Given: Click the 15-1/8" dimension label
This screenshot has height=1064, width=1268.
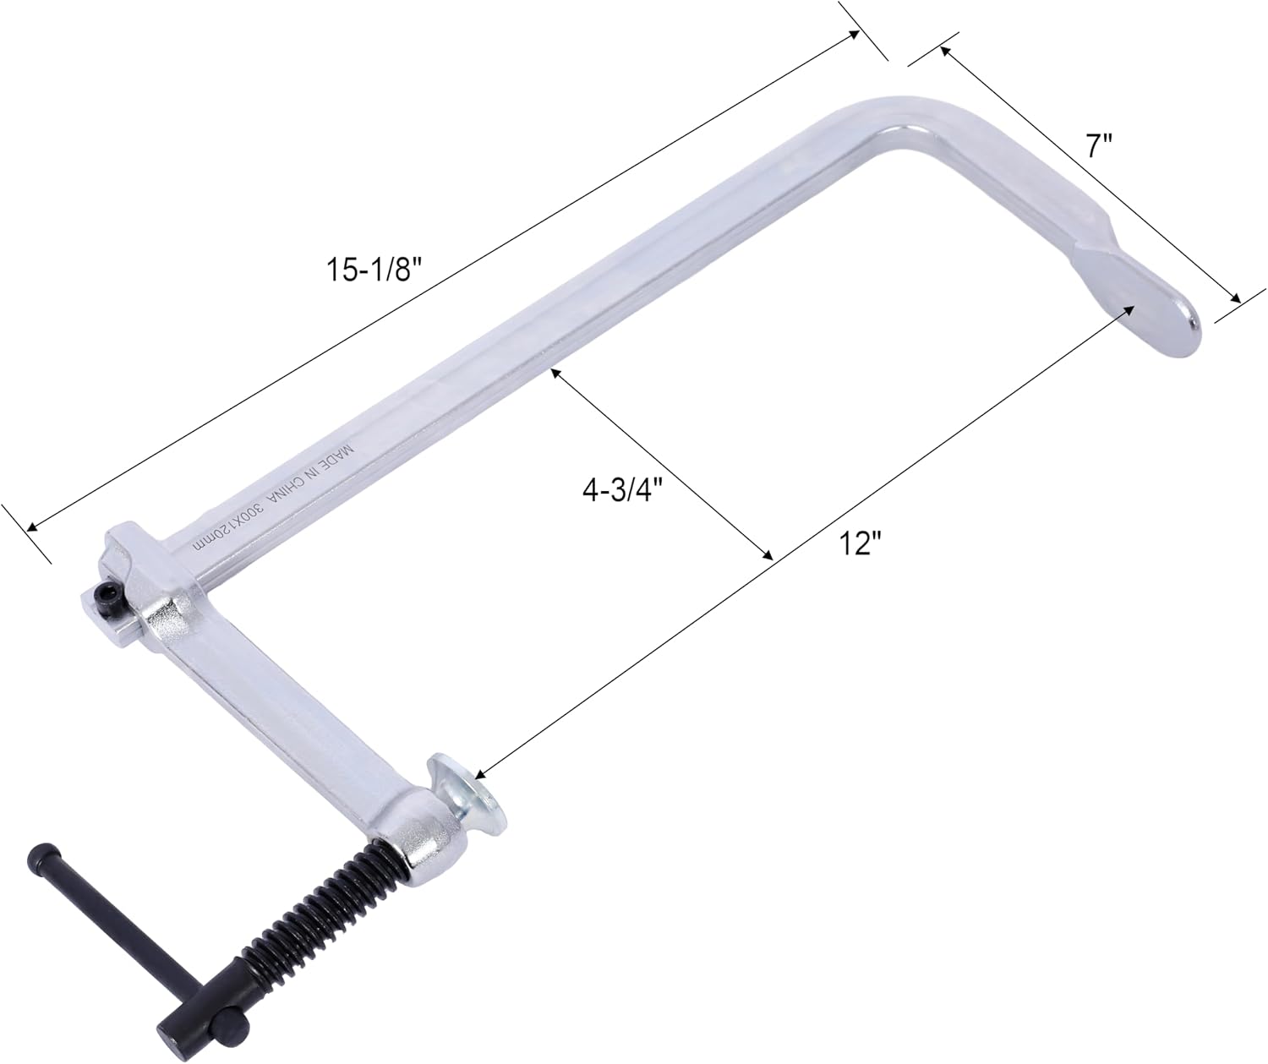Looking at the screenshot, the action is [x=373, y=269].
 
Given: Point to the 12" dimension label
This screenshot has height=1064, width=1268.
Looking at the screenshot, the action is [x=861, y=542].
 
